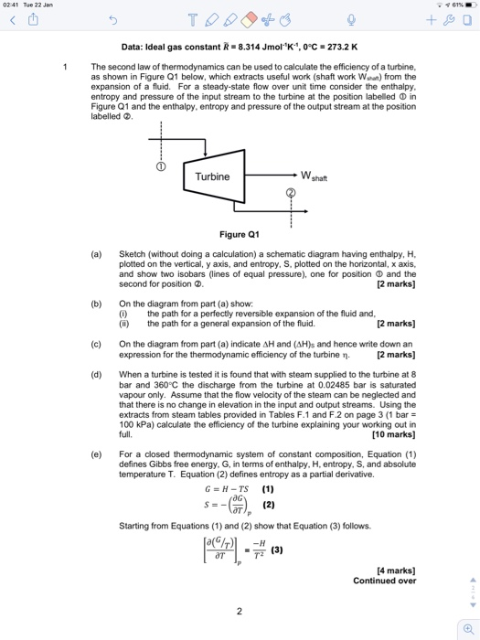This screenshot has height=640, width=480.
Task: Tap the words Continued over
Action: [x=389, y=581]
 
